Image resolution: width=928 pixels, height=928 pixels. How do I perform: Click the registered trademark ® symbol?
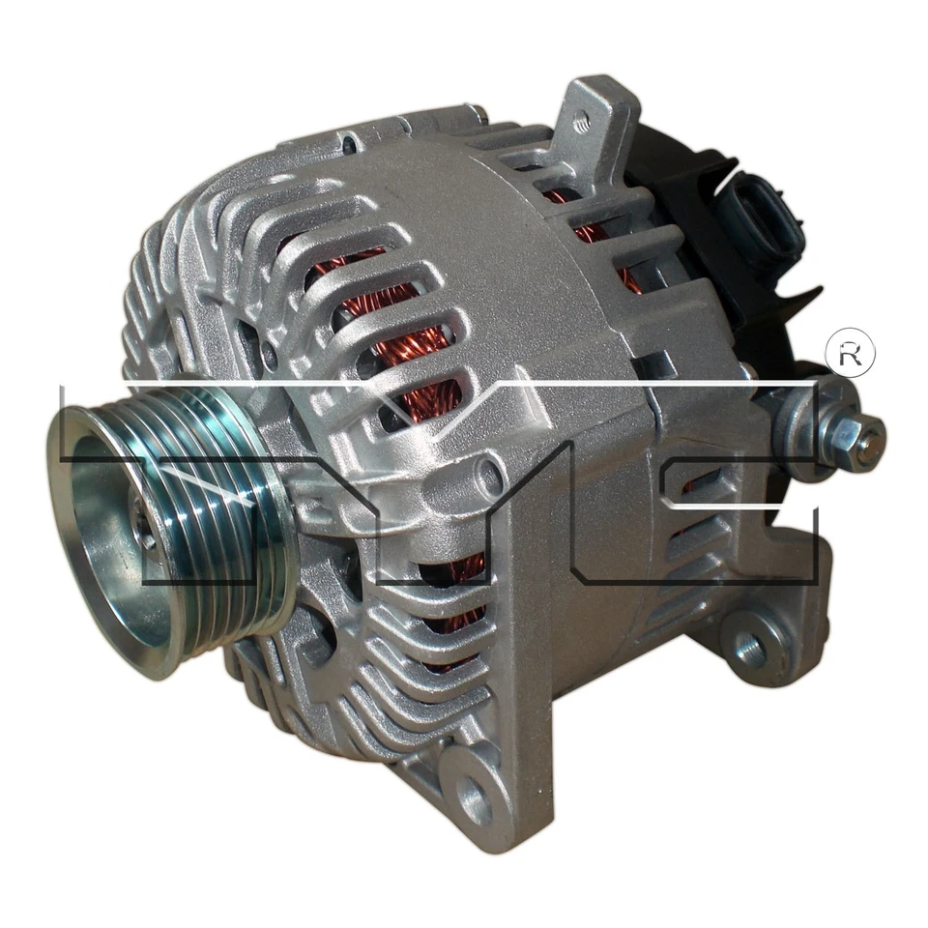(x=850, y=355)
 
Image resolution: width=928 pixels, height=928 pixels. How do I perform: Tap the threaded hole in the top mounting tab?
(x=582, y=123)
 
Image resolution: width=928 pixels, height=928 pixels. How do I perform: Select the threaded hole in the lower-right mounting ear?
(x=747, y=647)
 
